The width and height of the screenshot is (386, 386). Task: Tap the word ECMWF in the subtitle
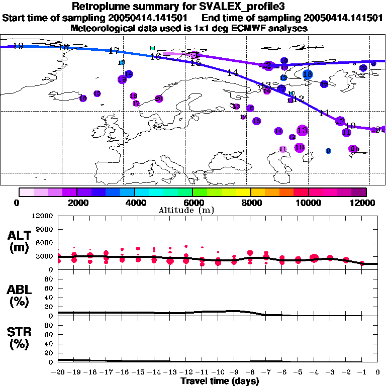point(250,29)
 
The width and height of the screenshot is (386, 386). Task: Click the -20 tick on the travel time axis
point(59,372)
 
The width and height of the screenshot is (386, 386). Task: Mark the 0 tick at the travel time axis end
point(378,372)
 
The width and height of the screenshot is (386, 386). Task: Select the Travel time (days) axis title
point(220,381)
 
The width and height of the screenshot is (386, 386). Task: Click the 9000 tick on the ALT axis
point(44,229)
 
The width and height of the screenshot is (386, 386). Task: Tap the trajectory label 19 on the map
point(19,46)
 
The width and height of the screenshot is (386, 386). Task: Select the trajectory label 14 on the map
point(232,72)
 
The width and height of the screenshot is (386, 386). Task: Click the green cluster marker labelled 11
point(152,48)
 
